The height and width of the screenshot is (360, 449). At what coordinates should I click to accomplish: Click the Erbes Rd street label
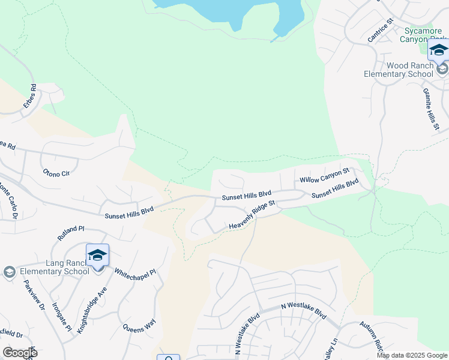(x=30, y=96)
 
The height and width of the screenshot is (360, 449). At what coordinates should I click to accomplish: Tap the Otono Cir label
(x=56, y=173)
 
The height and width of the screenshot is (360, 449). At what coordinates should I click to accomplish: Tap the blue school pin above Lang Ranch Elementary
(x=97, y=256)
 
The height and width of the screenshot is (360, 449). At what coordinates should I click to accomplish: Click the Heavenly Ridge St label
(x=252, y=215)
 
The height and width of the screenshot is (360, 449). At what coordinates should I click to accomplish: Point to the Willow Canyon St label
(x=324, y=176)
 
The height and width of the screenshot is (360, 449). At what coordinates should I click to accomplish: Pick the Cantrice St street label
(x=380, y=30)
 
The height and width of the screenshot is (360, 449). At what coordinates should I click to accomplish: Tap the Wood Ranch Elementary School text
(x=399, y=70)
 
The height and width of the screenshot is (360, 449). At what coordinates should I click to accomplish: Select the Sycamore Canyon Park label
(x=424, y=34)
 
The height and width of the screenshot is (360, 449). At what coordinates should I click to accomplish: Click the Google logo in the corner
(x=19, y=352)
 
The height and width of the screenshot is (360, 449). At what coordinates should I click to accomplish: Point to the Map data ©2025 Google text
(x=411, y=355)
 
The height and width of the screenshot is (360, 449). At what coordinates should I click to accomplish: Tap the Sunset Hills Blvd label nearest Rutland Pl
(x=129, y=212)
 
